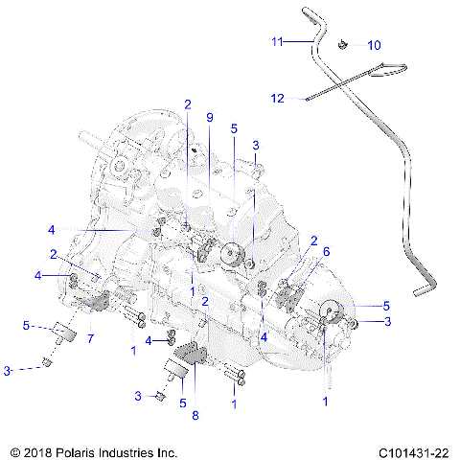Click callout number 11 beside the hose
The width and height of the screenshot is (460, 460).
coord(276,41)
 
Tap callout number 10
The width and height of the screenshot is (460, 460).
coord(374,45)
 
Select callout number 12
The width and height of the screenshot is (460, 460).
coord(276,98)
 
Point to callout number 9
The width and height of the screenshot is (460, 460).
coord(210,117)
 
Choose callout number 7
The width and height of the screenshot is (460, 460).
coord(90,338)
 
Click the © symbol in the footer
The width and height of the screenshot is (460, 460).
coord(13,449)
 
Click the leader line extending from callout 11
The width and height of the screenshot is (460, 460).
coord(298,41)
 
